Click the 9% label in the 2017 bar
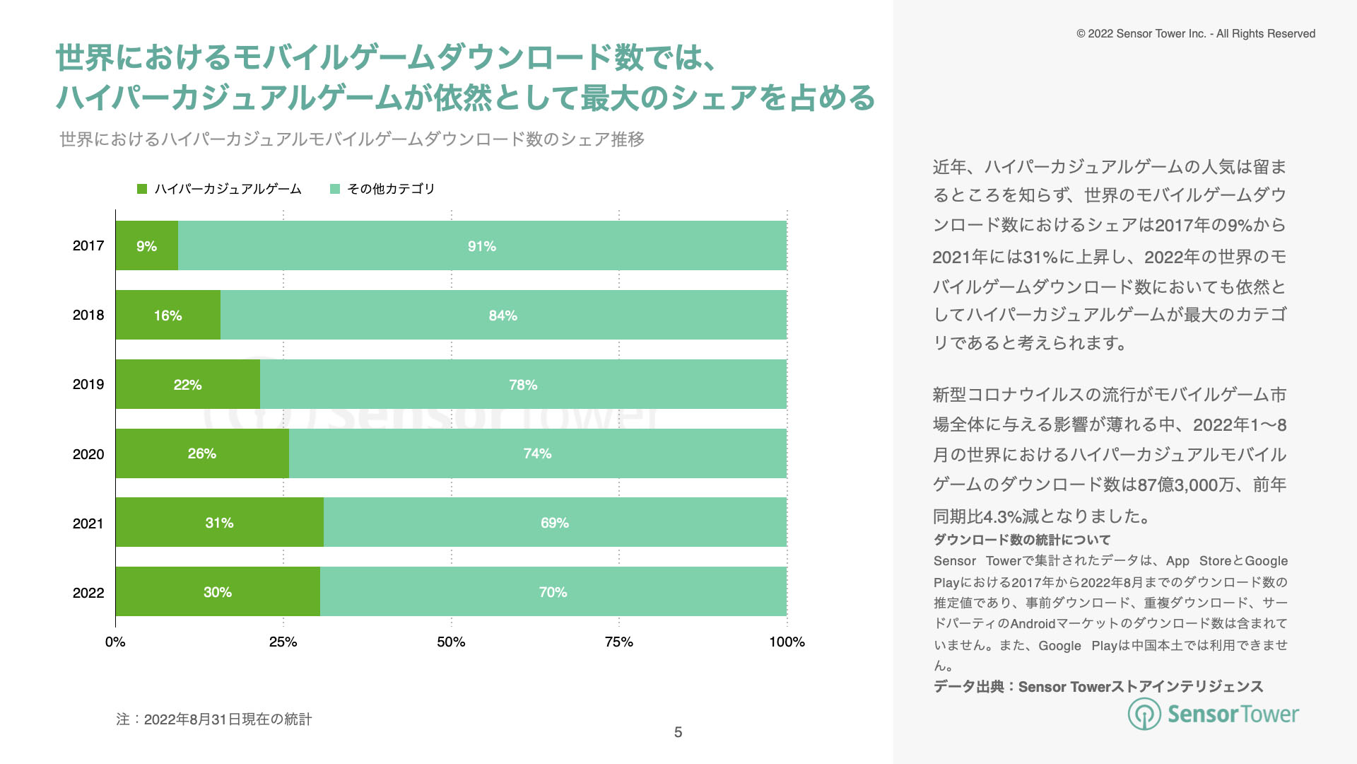[146, 246]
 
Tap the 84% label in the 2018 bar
[503, 316]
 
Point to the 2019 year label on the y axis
[88, 384]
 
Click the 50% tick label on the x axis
[451, 642]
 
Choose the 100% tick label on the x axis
[787, 642]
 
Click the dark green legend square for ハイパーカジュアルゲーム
[142, 189]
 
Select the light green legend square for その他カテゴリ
[335, 189]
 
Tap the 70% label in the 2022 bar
[553, 592]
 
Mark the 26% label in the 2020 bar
[201, 453]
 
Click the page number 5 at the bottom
[678, 732]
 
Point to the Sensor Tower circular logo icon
[1144, 714]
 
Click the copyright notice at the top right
[1195, 33]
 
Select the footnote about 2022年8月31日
[213, 719]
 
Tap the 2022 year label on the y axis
[88, 593]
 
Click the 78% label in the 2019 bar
[523, 385]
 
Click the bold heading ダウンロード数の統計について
[1022, 540]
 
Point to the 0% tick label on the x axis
[115, 642]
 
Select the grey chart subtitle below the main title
[352, 139]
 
